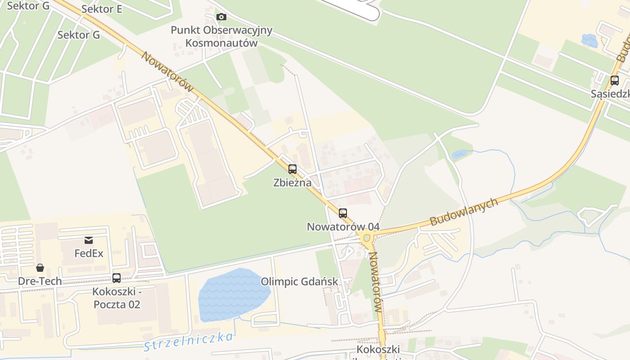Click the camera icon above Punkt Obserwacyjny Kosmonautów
[x=221, y=17]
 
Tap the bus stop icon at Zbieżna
[x=292, y=169]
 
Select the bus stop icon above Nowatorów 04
[x=343, y=213]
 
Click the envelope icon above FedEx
[x=89, y=240]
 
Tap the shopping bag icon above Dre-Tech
[x=40, y=268]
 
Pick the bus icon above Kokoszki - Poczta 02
[x=117, y=278]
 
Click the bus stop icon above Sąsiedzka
[x=614, y=81]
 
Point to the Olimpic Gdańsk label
[x=299, y=282]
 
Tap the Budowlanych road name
[x=464, y=211]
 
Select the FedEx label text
[x=89, y=253]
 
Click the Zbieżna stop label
[x=292, y=183]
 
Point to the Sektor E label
[x=102, y=9]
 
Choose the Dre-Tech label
[x=40, y=281]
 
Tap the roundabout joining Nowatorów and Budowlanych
[x=367, y=238]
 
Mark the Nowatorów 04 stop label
[x=343, y=227]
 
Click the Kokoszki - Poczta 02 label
[x=117, y=298]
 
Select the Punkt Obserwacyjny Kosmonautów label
[x=221, y=36]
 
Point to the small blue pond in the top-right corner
[x=589, y=40]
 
